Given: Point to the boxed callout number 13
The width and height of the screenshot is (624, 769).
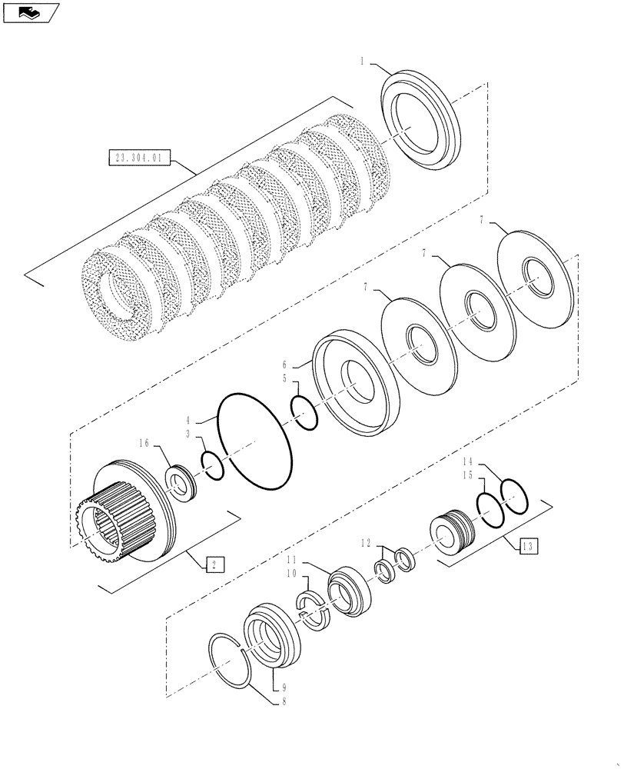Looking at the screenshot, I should (x=527, y=546).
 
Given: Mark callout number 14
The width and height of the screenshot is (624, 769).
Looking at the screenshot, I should (x=466, y=461).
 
